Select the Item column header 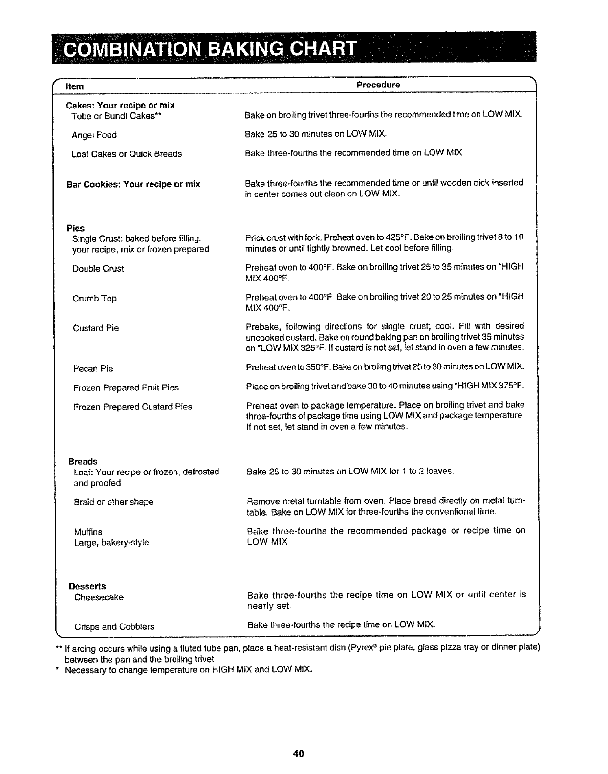pyautogui.click(x=75, y=86)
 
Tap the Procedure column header pyautogui.click(x=378, y=85)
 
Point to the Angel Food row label pyautogui.click(x=94, y=135)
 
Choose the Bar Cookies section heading pyautogui.click(x=133, y=184)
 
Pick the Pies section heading pyautogui.click(x=76, y=228)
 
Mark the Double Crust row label pyautogui.click(x=98, y=269)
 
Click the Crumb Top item pyautogui.click(x=95, y=299)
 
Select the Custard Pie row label pyautogui.click(x=96, y=328)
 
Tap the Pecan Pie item pyautogui.click(x=93, y=369)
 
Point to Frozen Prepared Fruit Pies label pyautogui.click(x=126, y=388)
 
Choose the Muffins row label pyautogui.click(x=88, y=532)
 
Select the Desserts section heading pyautogui.click(x=87, y=586)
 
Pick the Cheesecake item pyautogui.click(x=99, y=597)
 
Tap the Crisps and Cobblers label pyautogui.click(x=114, y=627)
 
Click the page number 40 pyautogui.click(x=299, y=753)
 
